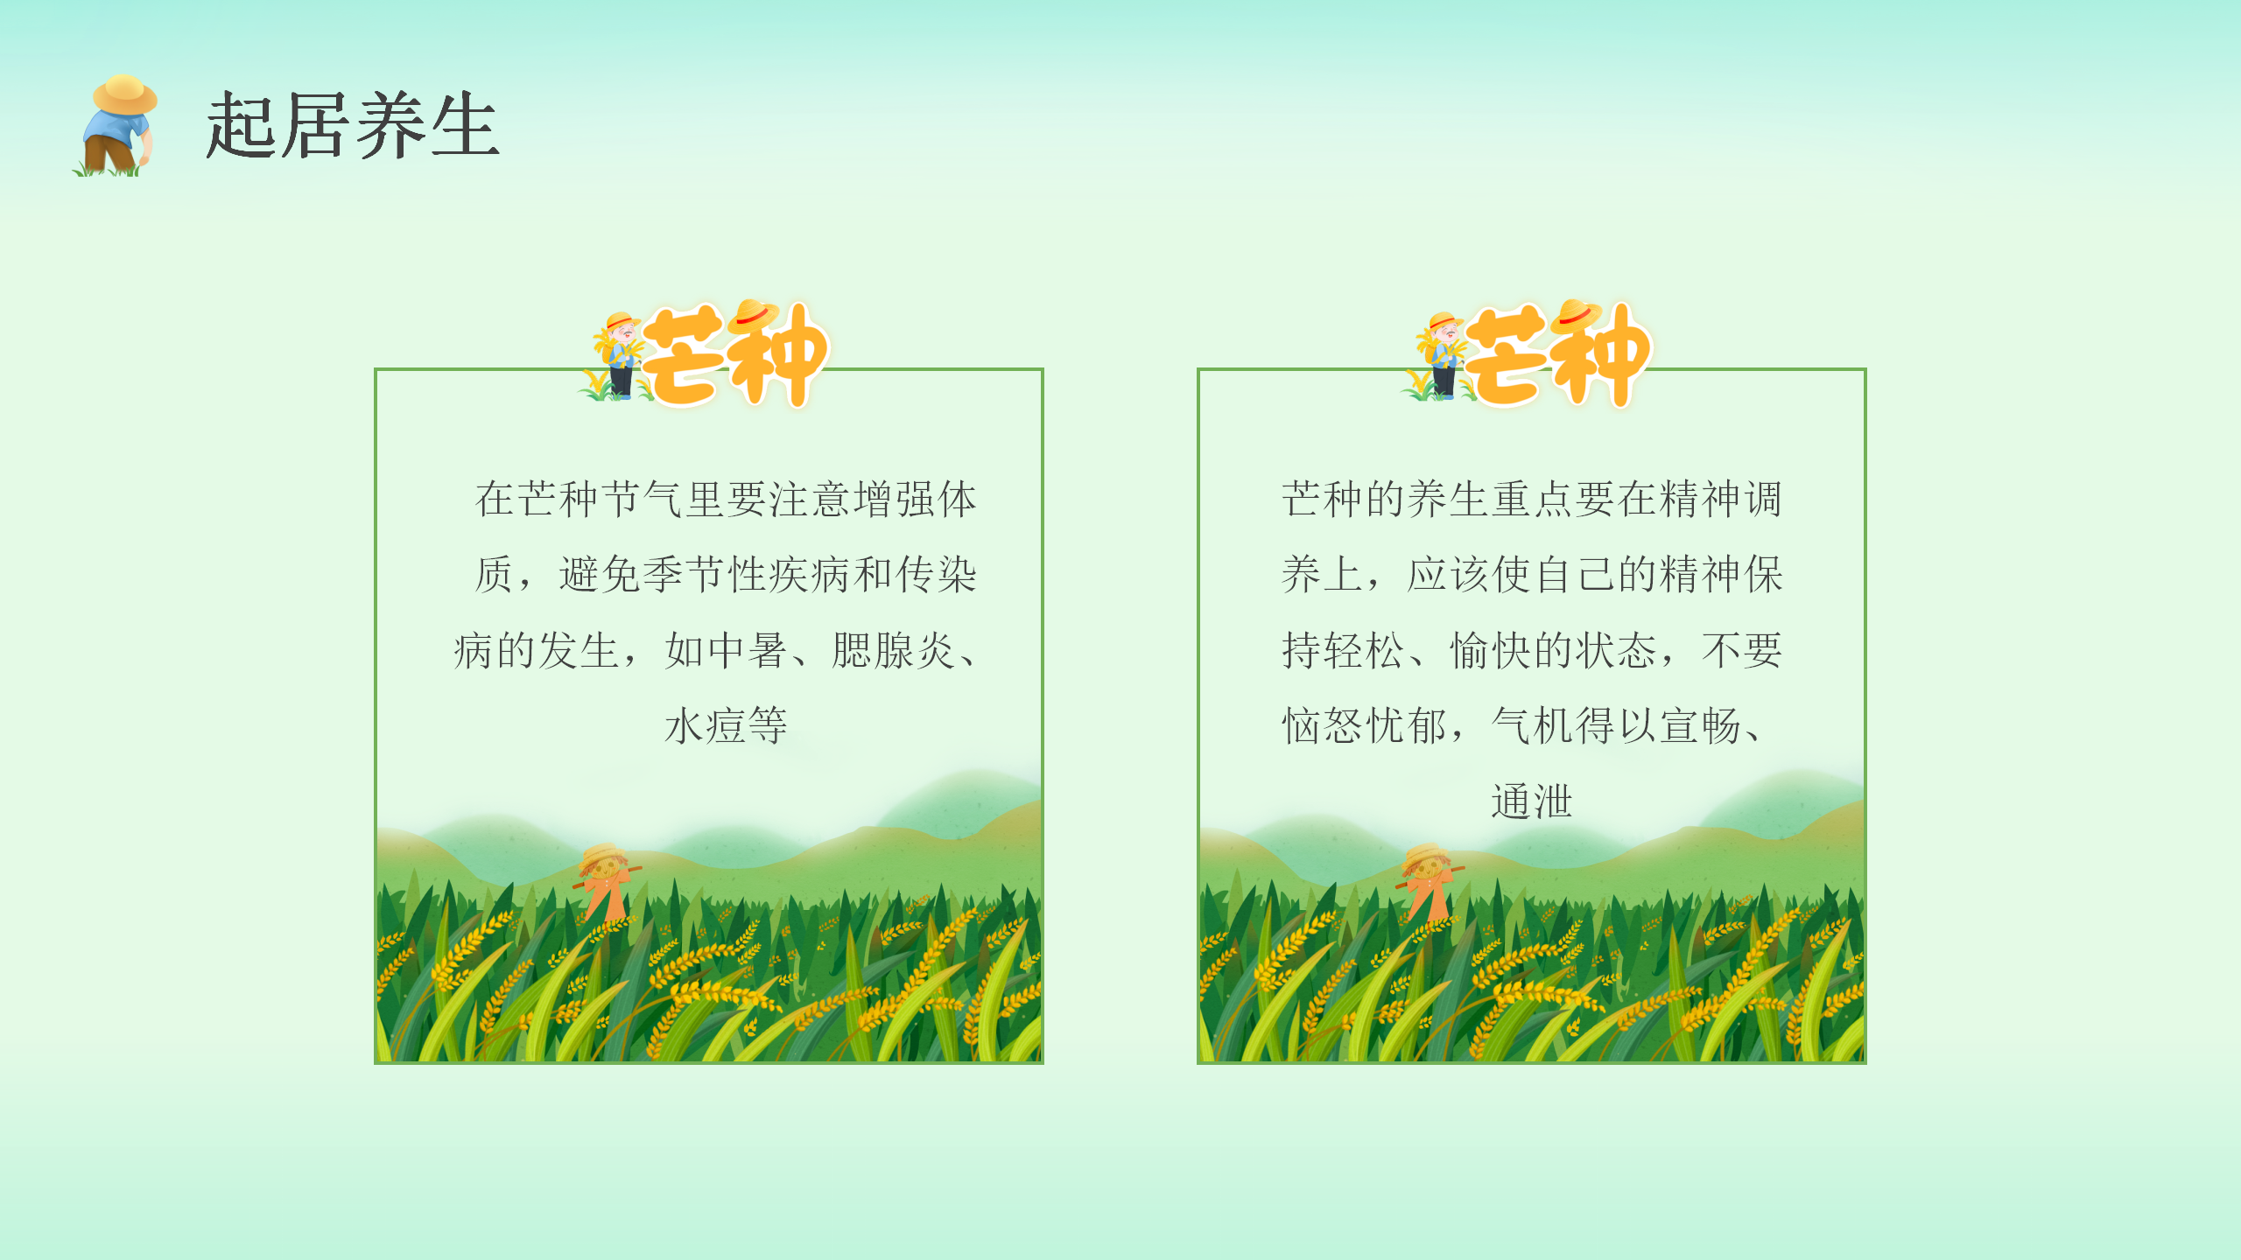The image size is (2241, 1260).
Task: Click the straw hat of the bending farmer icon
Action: pos(124,94)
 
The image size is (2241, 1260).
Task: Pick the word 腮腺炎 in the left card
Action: pos(893,651)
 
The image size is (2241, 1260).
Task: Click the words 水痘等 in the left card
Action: pos(726,726)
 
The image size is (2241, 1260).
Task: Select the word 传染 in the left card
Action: pos(936,576)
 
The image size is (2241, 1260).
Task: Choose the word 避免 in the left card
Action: pos(600,576)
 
